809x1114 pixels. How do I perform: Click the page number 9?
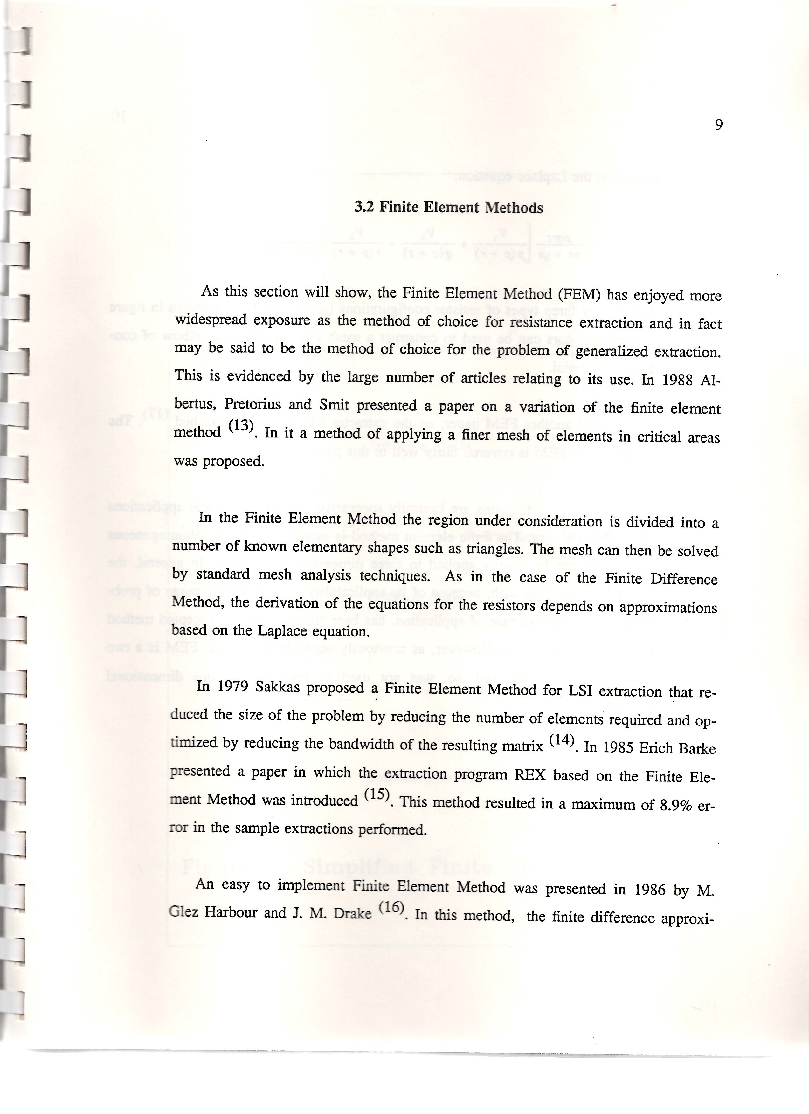pos(718,126)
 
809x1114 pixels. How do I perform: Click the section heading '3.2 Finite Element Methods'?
pos(448,208)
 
